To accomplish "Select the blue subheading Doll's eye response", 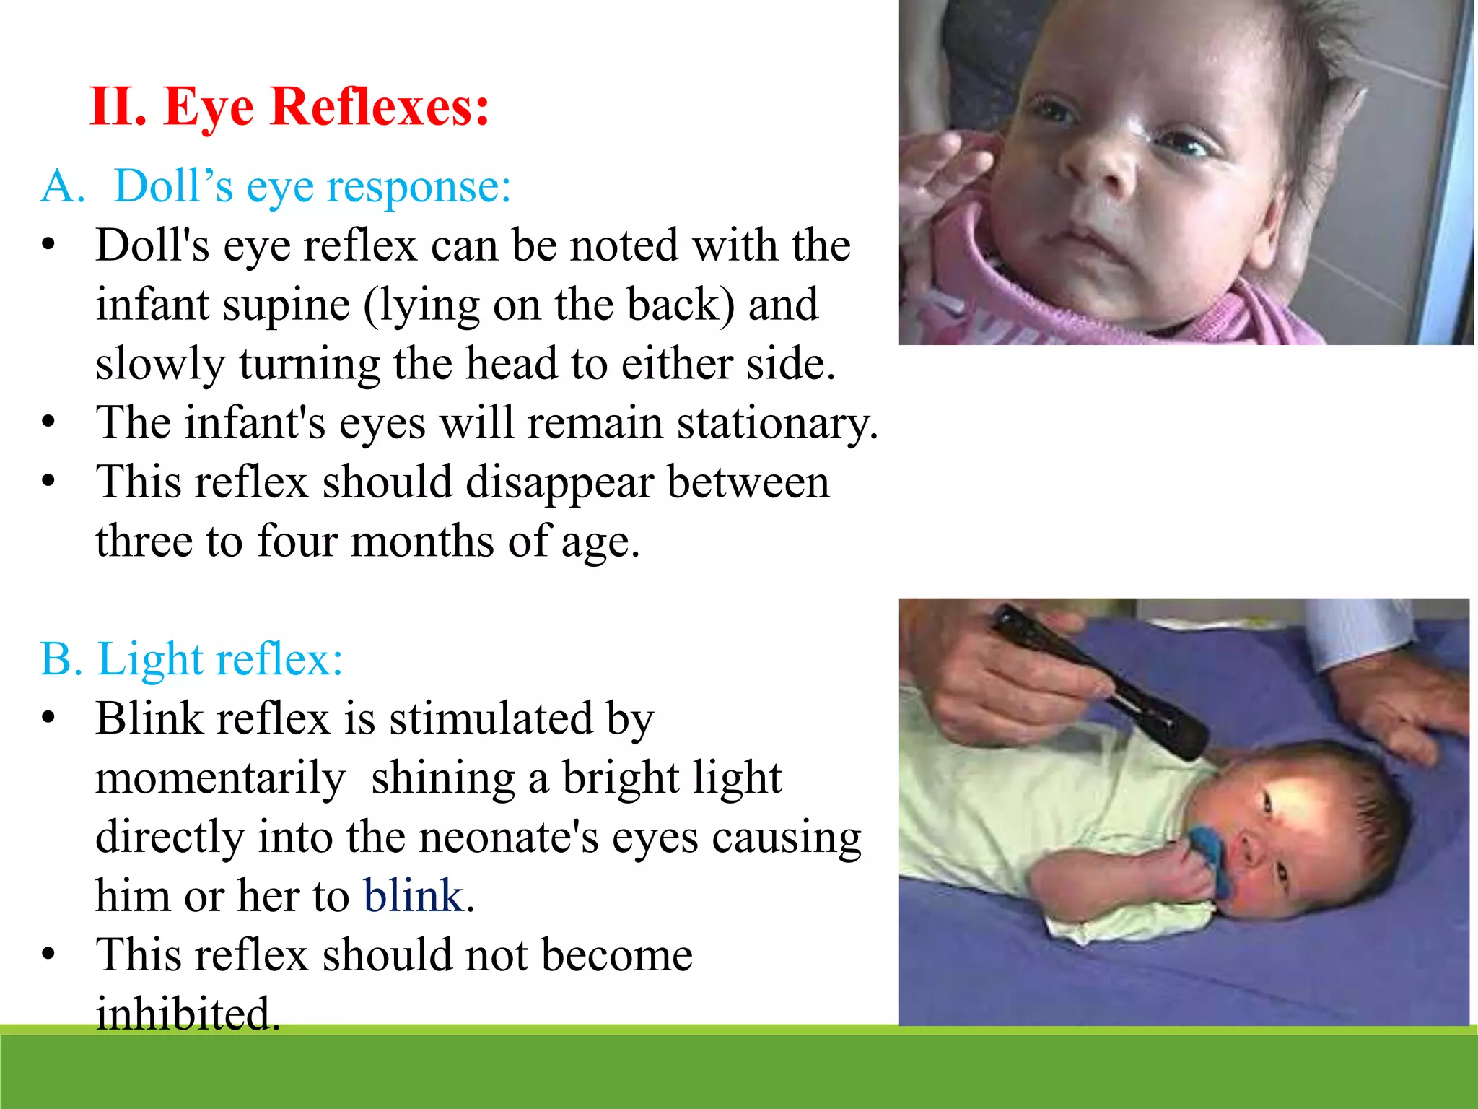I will point(312,186).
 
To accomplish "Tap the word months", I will point(423,542).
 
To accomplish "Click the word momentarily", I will point(220,778).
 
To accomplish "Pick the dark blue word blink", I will point(414,896).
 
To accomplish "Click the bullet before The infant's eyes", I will point(48,422).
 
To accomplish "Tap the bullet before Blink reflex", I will point(48,718).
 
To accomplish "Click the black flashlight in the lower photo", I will point(1097,679).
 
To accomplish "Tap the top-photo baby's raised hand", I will point(938,173).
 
